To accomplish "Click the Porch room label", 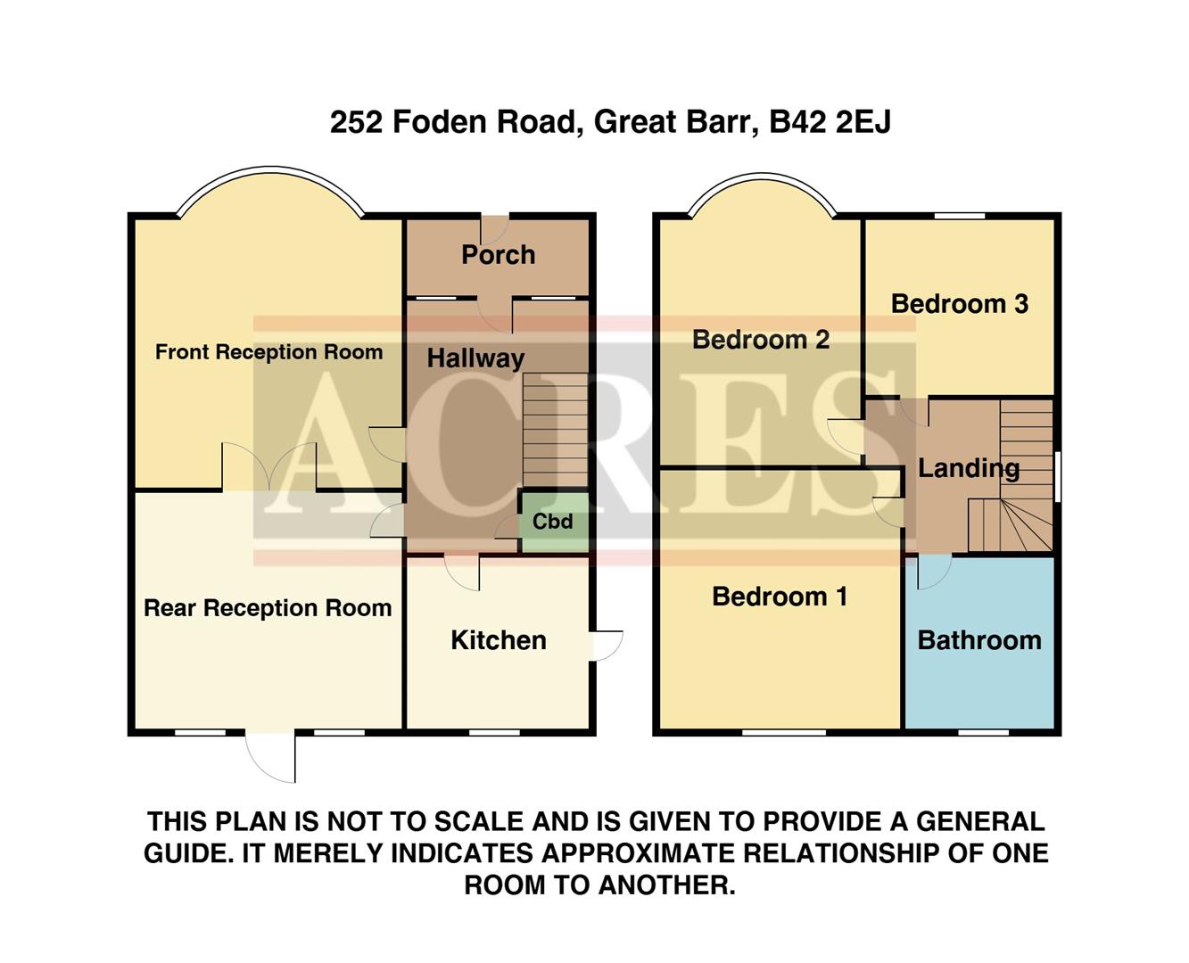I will [x=498, y=255].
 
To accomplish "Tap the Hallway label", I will [x=475, y=358].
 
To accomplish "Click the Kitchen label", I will [x=498, y=640].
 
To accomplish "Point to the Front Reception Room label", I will [x=268, y=352].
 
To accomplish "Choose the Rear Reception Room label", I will [x=268, y=608].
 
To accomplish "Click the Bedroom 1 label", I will [x=780, y=597].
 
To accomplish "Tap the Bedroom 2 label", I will [x=761, y=340].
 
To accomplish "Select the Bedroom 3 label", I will [x=960, y=304].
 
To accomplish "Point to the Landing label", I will [x=969, y=468].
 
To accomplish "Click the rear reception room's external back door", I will [x=270, y=756].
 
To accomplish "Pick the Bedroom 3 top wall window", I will [x=960, y=216].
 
